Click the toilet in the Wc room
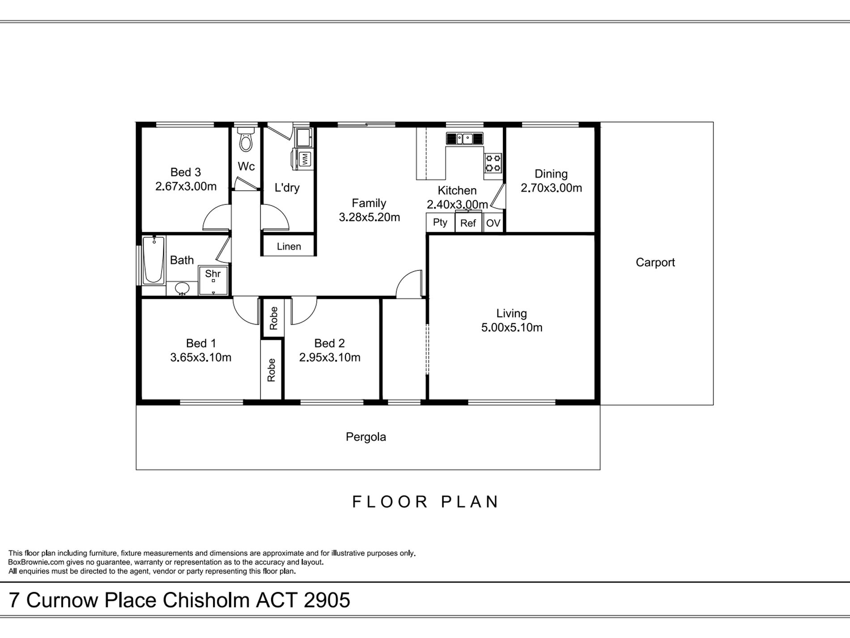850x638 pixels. tap(246, 139)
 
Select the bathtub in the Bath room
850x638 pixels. tap(153, 260)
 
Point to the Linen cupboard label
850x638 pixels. tap(289, 246)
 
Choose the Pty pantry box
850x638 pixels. tap(440, 223)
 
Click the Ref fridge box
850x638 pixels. tap(468, 223)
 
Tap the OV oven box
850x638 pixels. tap(493, 223)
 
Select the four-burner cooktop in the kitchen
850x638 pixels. tap(493, 163)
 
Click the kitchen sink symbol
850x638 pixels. tap(465, 138)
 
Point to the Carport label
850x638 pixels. tap(655, 262)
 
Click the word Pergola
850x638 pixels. tap(366, 437)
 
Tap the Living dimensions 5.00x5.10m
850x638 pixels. tap(512, 327)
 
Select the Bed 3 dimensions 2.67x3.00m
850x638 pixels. tap(186, 186)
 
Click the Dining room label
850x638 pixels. tap(551, 174)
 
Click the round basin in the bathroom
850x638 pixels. tap(182, 289)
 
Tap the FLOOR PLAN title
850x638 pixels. tap(425, 502)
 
